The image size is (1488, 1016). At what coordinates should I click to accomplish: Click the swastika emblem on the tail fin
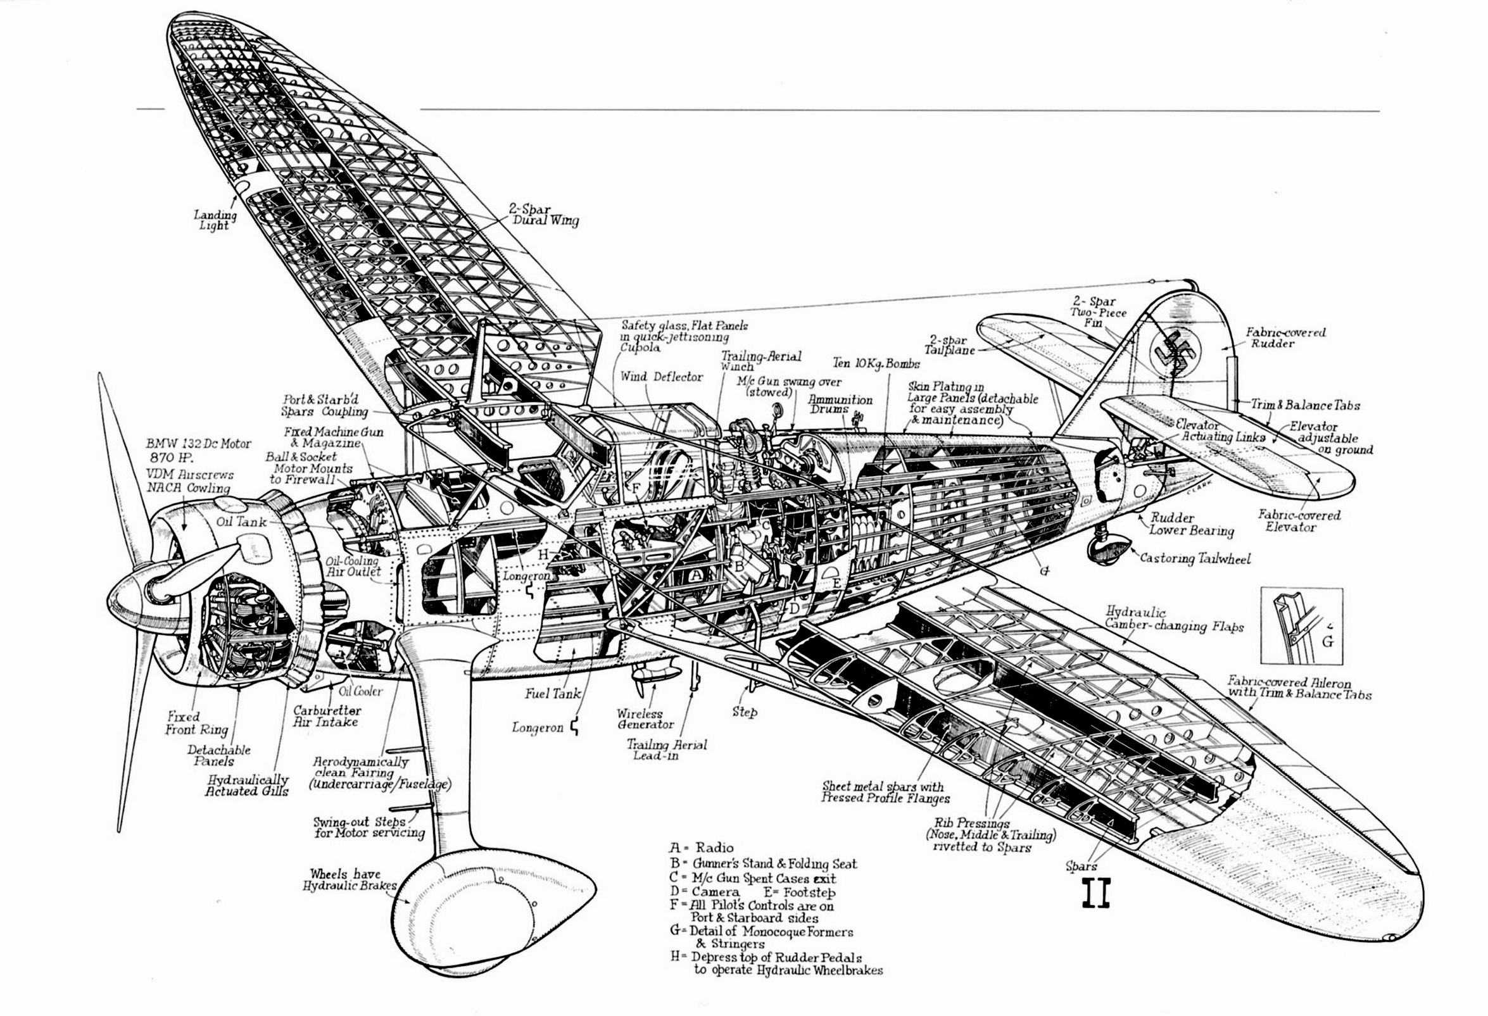pyautogui.click(x=1175, y=351)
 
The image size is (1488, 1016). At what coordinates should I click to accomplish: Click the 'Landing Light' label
pyautogui.click(x=215, y=220)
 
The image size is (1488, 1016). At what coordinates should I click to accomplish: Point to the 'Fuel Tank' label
pyautogui.click(x=553, y=693)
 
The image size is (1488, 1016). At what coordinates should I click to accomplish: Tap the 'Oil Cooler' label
pyautogui.click(x=360, y=691)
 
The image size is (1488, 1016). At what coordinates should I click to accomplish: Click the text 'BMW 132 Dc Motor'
pyautogui.click(x=198, y=443)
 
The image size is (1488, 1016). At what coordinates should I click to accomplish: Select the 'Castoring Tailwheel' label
pyautogui.click(x=1195, y=558)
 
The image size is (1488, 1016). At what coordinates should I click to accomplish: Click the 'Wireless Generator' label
pyautogui.click(x=645, y=718)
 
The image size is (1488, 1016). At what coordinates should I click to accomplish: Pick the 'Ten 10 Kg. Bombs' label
pyautogui.click(x=876, y=363)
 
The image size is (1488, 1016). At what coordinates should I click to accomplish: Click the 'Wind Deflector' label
pyautogui.click(x=661, y=377)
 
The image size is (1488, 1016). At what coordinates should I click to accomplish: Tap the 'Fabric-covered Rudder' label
pyautogui.click(x=1285, y=337)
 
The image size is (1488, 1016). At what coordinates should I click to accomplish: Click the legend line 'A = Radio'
pyautogui.click(x=702, y=848)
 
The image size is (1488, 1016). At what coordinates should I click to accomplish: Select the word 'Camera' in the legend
pyautogui.click(x=715, y=892)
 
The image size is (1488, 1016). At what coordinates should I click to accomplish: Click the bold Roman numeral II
pyautogui.click(x=1095, y=893)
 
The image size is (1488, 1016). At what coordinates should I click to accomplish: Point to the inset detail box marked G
pyautogui.click(x=1301, y=625)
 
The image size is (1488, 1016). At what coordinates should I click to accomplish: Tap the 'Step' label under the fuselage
pyautogui.click(x=745, y=712)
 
